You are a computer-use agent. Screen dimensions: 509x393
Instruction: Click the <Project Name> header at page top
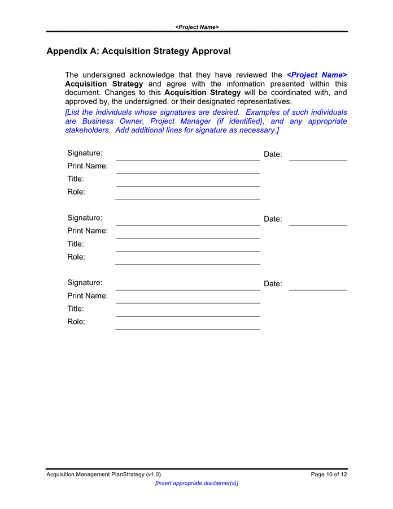click(x=197, y=27)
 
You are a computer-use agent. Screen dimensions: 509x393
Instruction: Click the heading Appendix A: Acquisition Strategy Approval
click(x=138, y=51)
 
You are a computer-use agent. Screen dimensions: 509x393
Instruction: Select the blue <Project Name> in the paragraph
click(x=317, y=75)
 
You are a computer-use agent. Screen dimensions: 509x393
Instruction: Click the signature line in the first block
click(x=187, y=160)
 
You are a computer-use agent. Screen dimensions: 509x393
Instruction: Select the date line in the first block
click(x=318, y=160)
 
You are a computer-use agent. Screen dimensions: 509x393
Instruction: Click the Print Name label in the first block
click(x=88, y=166)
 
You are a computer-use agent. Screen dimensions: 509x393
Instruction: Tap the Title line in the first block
click(x=187, y=186)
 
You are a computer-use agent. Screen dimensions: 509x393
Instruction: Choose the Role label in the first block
click(x=76, y=192)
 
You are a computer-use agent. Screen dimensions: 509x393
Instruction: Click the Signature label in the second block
click(x=85, y=218)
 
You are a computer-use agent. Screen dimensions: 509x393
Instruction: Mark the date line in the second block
click(x=318, y=225)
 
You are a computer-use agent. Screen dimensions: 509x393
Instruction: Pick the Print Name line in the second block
click(x=187, y=238)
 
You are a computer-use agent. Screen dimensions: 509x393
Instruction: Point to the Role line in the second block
click(x=187, y=264)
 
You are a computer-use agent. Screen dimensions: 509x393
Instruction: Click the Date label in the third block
click(x=273, y=284)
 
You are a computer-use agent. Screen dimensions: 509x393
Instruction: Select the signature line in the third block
click(x=187, y=290)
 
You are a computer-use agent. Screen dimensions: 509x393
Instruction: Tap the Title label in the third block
click(x=76, y=309)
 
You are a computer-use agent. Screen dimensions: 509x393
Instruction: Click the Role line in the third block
click(x=187, y=329)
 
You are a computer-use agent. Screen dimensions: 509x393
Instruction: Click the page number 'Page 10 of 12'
click(x=329, y=475)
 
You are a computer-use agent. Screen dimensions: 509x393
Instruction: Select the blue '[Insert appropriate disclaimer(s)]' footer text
click(x=197, y=483)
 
